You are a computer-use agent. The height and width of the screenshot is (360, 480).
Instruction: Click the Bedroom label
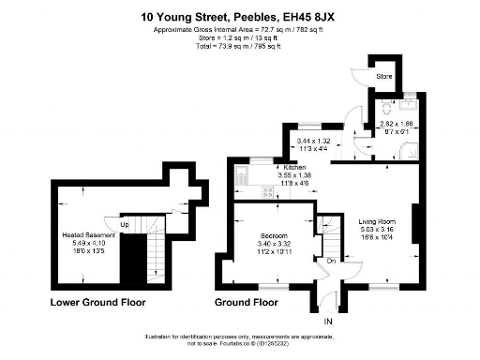[274, 234]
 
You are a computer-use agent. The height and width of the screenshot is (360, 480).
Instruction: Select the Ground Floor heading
[247, 303]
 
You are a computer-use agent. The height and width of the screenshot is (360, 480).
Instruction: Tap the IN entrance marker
[328, 322]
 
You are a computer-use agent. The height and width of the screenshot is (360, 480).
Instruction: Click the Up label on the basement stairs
[124, 225]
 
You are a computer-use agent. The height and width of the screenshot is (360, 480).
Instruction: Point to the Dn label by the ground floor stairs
[330, 261]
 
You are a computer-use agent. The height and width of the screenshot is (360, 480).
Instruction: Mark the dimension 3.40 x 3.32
[274, 243]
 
